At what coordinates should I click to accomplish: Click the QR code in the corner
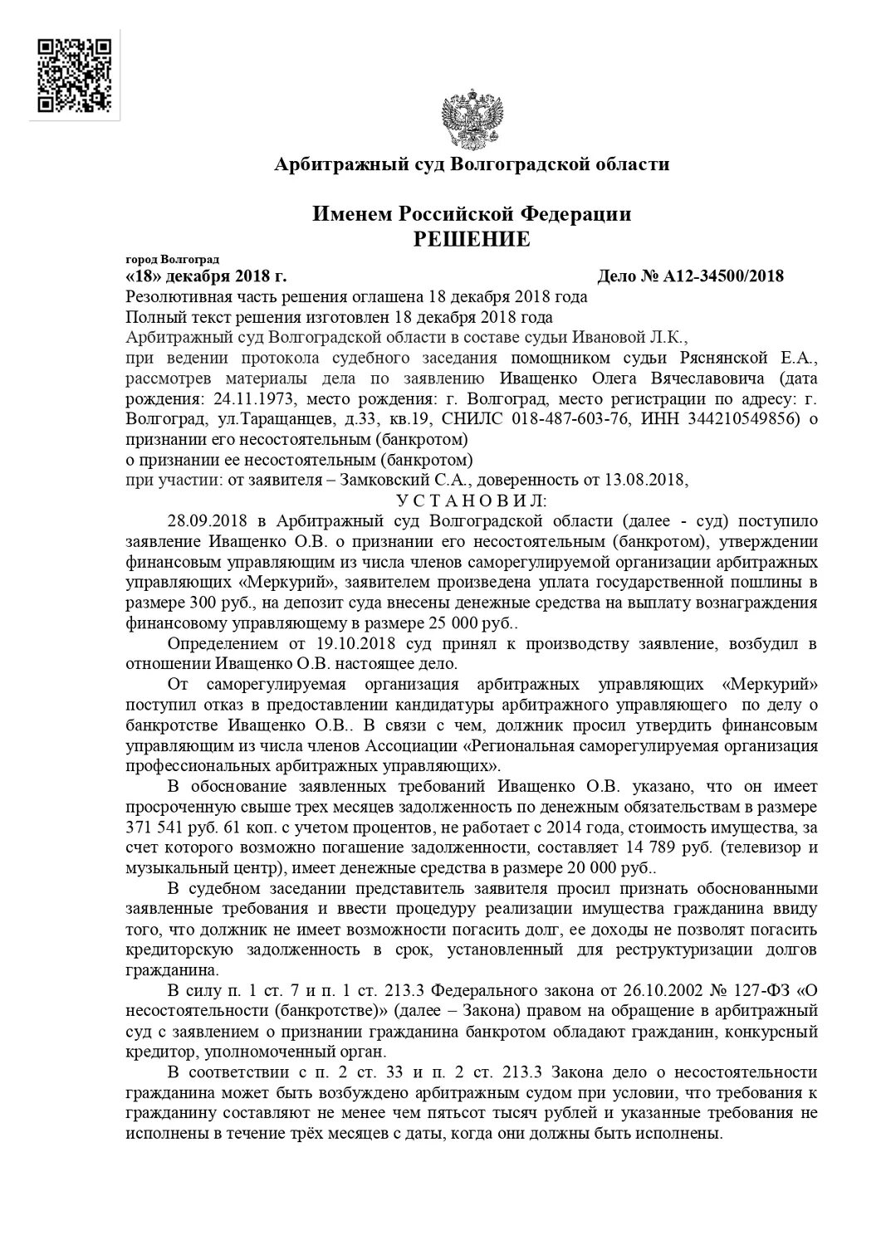pyautogui.click(x=75, y=75)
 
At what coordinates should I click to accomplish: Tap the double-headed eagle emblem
pyautogui.click(x=471, y=123)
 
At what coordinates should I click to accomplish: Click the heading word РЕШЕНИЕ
pyautogui.click(x=472, y=241)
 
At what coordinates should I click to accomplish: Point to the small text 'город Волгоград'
pyautogui.click(x=167, y=260)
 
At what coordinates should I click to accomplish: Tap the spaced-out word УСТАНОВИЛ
pyautogui.click(x=472, y=500)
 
